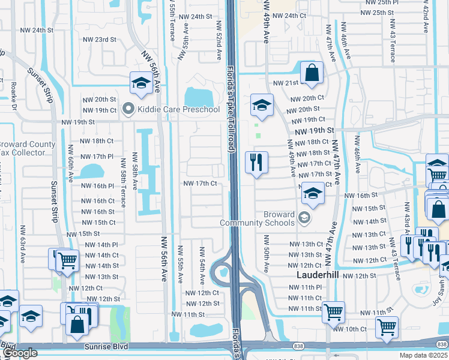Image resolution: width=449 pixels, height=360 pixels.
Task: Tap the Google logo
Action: [20, 353]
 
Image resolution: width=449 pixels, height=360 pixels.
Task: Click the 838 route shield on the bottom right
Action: [442, 344]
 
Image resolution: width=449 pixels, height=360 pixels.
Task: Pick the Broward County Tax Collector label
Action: [27, 148]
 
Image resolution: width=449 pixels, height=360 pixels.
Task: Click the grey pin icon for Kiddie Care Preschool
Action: [128, 109]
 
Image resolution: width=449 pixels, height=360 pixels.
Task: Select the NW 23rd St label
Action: [99, 40]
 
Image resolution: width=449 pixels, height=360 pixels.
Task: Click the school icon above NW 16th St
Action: [312, 193]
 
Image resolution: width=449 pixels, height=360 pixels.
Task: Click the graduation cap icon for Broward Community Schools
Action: [304, 217]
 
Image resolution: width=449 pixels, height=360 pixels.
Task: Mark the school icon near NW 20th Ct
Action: [262, 104]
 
